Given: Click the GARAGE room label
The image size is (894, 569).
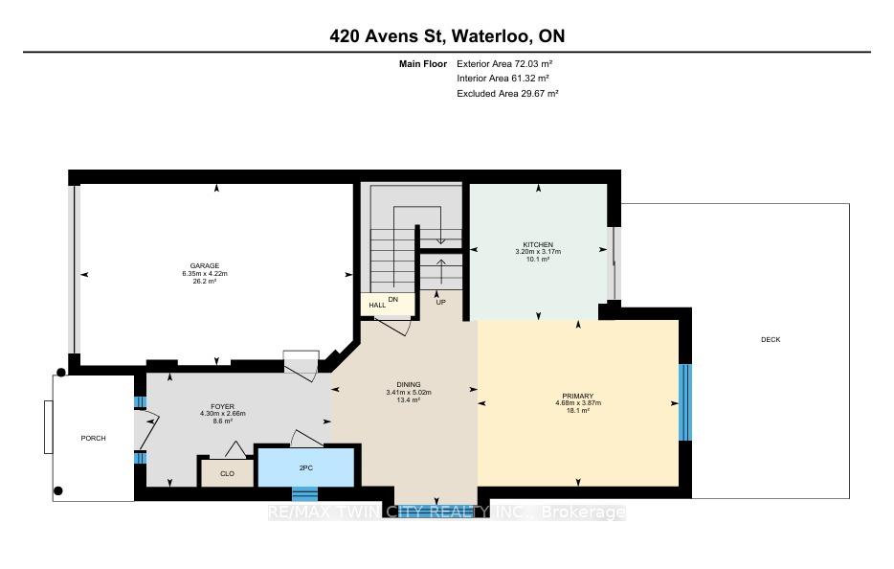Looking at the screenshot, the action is pyautogui.click(x=205, y=265).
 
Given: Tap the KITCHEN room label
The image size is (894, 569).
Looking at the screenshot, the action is pyautogui.click(x=538, y=244).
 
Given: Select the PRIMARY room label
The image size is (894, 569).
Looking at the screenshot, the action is pyautogui.click(x=578, y=396).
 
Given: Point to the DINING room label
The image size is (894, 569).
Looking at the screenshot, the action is pyautogui.click(x=409, y=385).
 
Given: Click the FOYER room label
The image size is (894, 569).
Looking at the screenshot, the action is pyautogui.click(x=222, y=406).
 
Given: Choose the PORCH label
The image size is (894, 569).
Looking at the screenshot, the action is pyautogui.click(x=94, y=439).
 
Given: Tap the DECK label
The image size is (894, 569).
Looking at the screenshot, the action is pyautogui.click(x=771, y=339).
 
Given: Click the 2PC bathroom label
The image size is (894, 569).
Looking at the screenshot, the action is pyautogui.click(x=306, y=468).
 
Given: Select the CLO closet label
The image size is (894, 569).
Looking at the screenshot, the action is pyautogui.click(x=228, y=474).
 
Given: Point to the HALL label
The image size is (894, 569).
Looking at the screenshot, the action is pyautogui.click(x=377, y=306).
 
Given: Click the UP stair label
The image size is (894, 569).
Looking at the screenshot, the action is pyautogui.click(x=440, y=302).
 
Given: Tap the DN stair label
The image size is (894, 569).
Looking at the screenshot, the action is pyautogui.click(x=393, y=299).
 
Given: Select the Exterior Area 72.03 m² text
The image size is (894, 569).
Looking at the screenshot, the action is pyautogui.click(x=504, y=64).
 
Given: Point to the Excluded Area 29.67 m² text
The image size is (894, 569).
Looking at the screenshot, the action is pyautogui.click(x=507, y=94).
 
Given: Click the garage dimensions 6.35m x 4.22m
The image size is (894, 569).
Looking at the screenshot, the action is pyautogui.click(x=205, y=273).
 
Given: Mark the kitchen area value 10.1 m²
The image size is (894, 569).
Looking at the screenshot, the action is pyautogui.click(x=538, y=259).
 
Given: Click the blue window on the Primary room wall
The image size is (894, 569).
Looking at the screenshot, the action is pyautogui.click(x=684, y=402).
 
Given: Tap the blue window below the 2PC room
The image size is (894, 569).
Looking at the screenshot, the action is pyautogui.click(x=305, y=493).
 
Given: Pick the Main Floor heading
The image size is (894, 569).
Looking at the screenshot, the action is pyautogui.click(x=423, y=64).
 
